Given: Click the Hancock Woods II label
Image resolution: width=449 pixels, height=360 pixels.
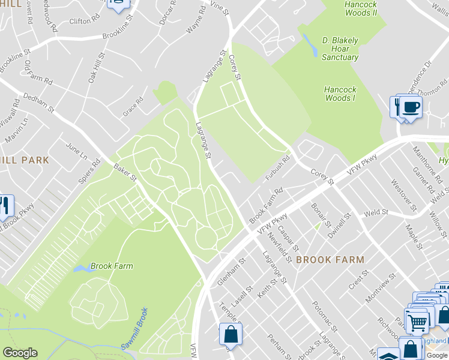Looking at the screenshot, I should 361,8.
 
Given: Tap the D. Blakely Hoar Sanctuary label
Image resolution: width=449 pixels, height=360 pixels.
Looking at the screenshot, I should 340,49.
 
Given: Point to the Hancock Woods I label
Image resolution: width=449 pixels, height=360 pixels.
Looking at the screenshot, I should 340,94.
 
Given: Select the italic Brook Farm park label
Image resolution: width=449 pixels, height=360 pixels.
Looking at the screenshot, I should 112,266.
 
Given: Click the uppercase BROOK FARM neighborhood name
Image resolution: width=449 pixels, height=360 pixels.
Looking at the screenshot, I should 330,260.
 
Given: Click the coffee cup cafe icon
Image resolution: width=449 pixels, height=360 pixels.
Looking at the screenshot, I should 411,107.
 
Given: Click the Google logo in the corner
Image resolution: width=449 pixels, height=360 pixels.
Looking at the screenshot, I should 20,353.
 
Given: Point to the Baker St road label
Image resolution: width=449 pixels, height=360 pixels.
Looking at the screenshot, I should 126,175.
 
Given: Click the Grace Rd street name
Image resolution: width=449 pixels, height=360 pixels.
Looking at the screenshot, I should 133,105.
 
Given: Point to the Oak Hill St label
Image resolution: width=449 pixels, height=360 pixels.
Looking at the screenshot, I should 96,67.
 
